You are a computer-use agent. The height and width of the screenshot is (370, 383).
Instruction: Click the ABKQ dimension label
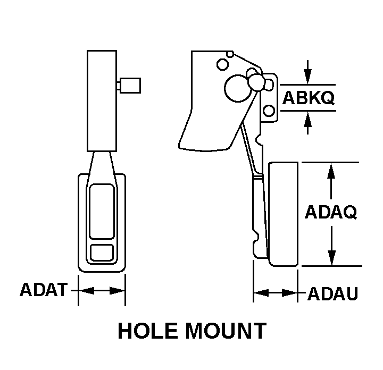click(307, 98)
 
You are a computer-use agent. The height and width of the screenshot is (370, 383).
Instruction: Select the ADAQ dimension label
click(330, 212)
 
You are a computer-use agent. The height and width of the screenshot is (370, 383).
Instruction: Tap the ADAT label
click(44, 290)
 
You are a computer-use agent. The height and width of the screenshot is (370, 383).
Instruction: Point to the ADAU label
click(332, 293)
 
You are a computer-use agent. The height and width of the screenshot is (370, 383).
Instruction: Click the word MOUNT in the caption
click(226, 331)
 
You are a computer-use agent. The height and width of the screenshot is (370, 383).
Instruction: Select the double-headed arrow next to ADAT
click(102, 291)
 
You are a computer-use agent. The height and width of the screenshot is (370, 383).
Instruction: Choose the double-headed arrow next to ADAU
click(274, 293)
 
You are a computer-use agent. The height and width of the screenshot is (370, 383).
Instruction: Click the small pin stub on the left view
click(129, 85)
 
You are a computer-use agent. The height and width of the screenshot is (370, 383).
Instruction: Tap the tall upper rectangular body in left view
click(102, 101)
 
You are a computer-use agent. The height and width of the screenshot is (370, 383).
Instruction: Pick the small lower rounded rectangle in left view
click(102, 252)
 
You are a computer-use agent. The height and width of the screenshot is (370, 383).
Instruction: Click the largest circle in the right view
click(234, 88)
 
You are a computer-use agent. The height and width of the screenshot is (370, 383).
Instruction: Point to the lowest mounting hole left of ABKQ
click(269, 111)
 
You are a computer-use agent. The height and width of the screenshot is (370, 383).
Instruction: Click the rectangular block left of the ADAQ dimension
click(283, 214)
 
